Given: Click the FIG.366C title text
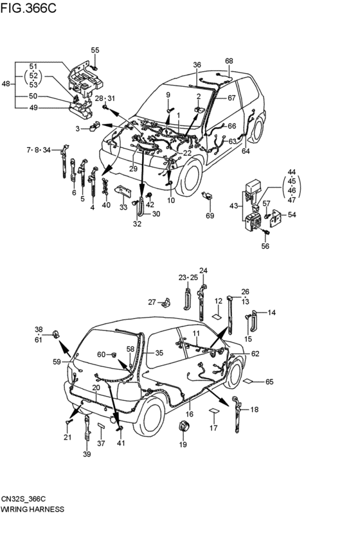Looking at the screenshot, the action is tap(28, 8).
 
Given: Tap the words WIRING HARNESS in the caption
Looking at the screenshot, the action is tap(32, 509).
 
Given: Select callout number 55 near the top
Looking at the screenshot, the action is tap(95, 50).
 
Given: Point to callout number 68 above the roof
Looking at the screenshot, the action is tap(229, 61).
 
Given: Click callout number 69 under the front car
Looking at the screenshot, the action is tap(210, 216).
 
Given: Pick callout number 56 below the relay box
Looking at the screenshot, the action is tap(265, 246).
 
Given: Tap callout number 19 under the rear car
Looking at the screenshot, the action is tap(183, 444).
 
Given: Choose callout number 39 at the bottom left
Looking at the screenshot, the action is tap(87, 454).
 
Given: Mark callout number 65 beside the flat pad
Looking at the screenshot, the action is tap(269, 382).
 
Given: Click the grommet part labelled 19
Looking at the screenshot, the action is tap(183, 427).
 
